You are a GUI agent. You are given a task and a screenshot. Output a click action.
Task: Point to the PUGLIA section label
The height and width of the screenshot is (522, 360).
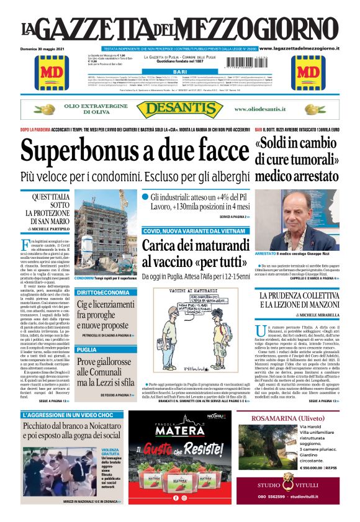pos(87,350)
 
